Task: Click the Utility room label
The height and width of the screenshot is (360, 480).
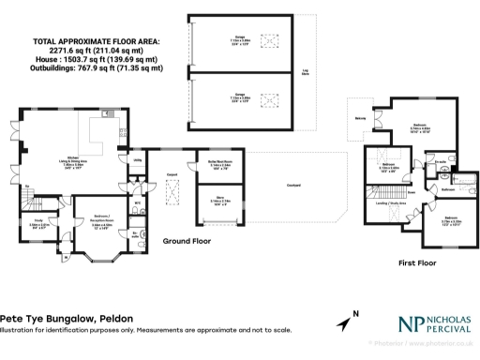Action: point(136,160)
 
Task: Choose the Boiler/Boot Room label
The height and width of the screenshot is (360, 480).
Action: point(209,165)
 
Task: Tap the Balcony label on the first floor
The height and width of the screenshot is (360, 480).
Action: point(360,119)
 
